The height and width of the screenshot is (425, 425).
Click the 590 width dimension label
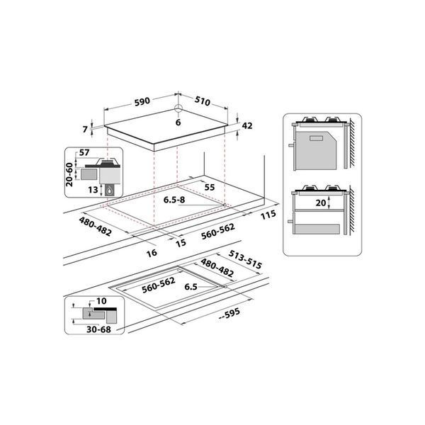(x=142, y=101)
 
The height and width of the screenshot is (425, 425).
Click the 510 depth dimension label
(x=202, y=101)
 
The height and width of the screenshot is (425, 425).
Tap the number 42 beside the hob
(x=247, y=126)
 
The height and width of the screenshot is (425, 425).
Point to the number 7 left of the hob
(x=85, y=130)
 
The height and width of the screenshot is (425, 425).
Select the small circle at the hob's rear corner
(x=178, y=108)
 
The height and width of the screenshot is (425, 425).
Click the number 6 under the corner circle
(x=178, y=123)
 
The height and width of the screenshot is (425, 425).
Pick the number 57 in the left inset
(x=84, y=152)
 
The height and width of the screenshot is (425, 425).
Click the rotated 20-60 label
(x=69, y=174)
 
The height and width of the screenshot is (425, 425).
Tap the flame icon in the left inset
(x=109, y=191)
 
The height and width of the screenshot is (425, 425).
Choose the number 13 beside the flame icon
(x=93, y=190)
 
